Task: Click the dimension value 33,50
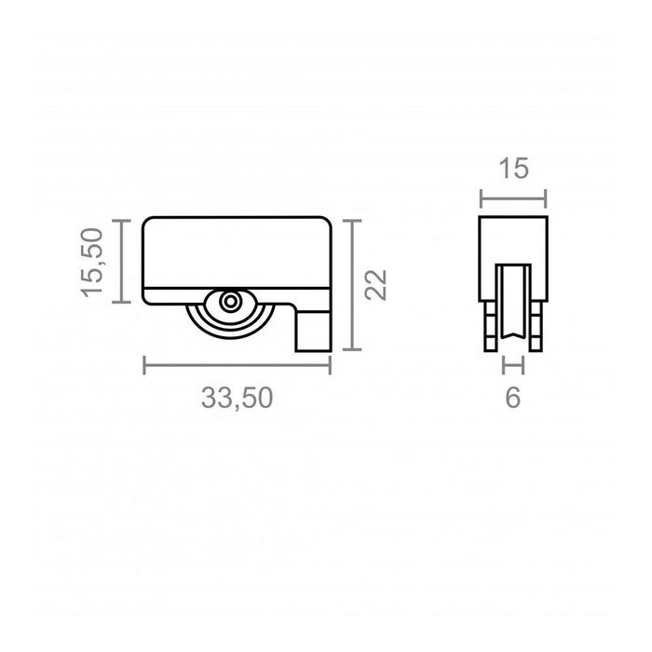click(x=237, y=398)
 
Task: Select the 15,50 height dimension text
click(x=96, y=262)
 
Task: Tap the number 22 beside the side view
click(x=375, y=285)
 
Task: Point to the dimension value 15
click(x=512, y=169)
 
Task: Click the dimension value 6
click(x=512, y=398)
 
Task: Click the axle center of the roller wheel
click(x=228, y=302)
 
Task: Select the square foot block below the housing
click(x=313, y=331)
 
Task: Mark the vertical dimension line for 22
click(x=350, y=285)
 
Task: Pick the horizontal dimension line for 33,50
click(x=238, y=364)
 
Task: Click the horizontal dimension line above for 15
click(x=512, y=197)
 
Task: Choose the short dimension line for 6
click(x=512, y=365)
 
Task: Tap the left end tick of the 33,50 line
click(x=144, y=364)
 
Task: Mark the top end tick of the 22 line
click(x=350, y=220)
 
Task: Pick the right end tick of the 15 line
click(x=546, y=197)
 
